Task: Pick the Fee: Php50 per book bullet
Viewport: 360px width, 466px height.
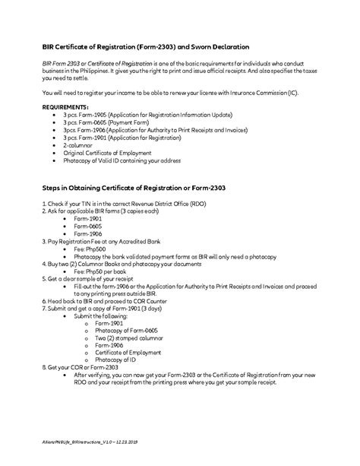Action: tap(103, 271)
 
